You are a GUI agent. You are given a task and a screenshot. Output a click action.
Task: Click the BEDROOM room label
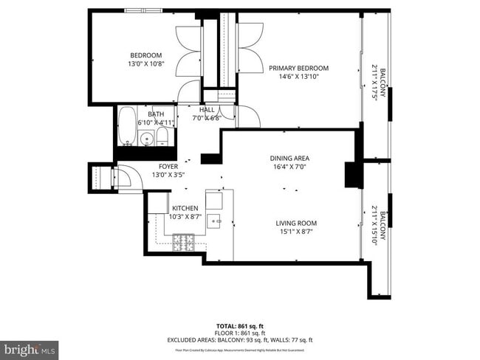145,55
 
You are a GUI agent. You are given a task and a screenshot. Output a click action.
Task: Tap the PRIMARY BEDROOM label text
298,68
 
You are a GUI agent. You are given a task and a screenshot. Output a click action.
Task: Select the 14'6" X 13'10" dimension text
298,77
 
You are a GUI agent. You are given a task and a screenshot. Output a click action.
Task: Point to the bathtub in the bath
127,127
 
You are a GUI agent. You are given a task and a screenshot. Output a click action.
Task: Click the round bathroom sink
147,138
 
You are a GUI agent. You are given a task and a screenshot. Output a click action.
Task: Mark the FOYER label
168,167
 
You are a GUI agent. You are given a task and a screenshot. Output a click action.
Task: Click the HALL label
206,109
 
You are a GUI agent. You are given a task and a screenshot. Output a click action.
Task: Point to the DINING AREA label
289,158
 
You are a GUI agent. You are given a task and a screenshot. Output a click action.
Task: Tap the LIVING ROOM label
296,223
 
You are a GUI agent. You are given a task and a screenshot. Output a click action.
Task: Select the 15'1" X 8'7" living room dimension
296,233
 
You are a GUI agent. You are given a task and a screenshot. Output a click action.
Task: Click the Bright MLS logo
30,347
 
